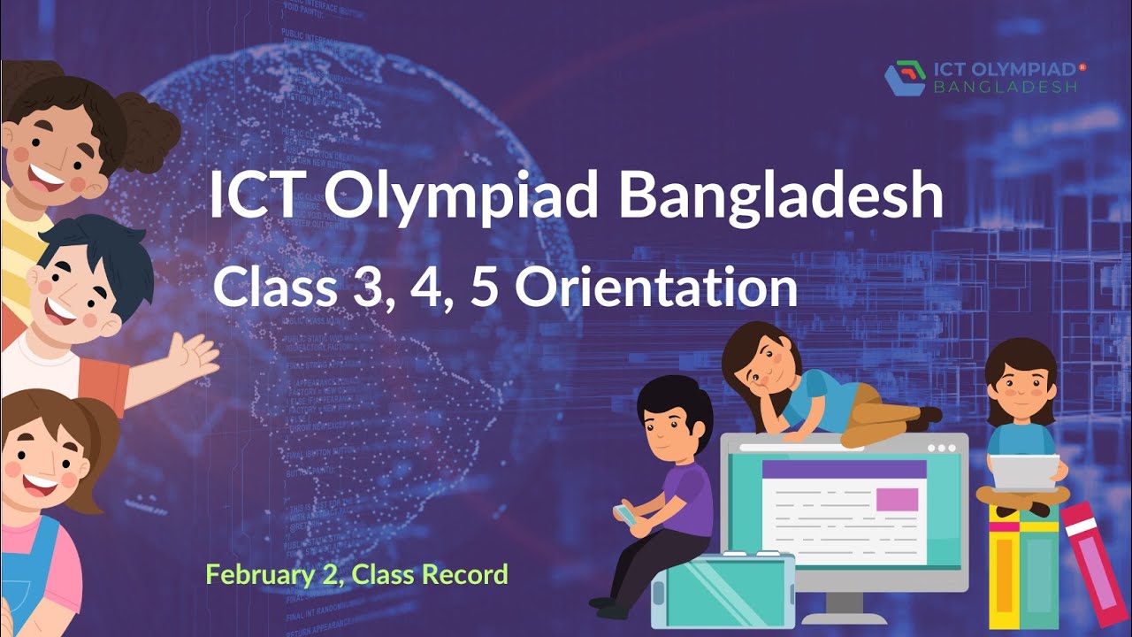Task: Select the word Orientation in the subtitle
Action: (x=656, y=288)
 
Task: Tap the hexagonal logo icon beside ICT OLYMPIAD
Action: (x=905, y=78)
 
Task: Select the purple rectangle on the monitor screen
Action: (x=896, y=499)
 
